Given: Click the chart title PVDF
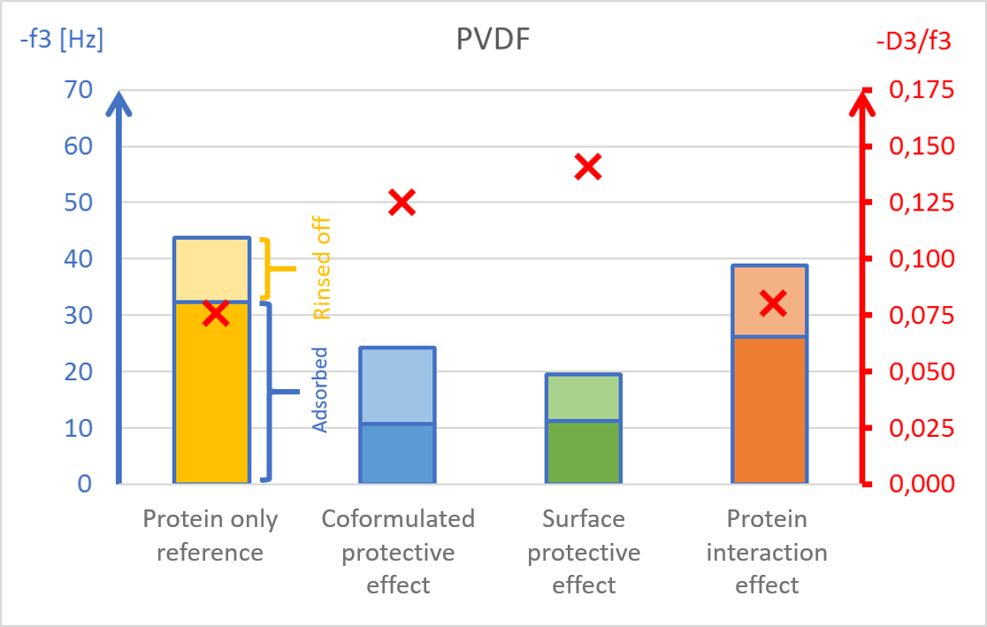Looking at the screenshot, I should tap(493, 41).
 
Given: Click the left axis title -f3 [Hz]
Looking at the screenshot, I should tap(61, 41).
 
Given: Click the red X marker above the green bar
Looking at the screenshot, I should tap(588, 166).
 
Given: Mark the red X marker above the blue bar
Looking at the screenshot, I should tap(402, 203).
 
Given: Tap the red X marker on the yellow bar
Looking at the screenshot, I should tap(215, 312).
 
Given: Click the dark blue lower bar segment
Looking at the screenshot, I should tap(397, 453).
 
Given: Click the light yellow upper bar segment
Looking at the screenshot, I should tap(212, 270).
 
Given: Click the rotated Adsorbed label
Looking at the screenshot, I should tap(320, 389).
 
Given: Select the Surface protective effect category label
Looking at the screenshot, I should tap(583, 551).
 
